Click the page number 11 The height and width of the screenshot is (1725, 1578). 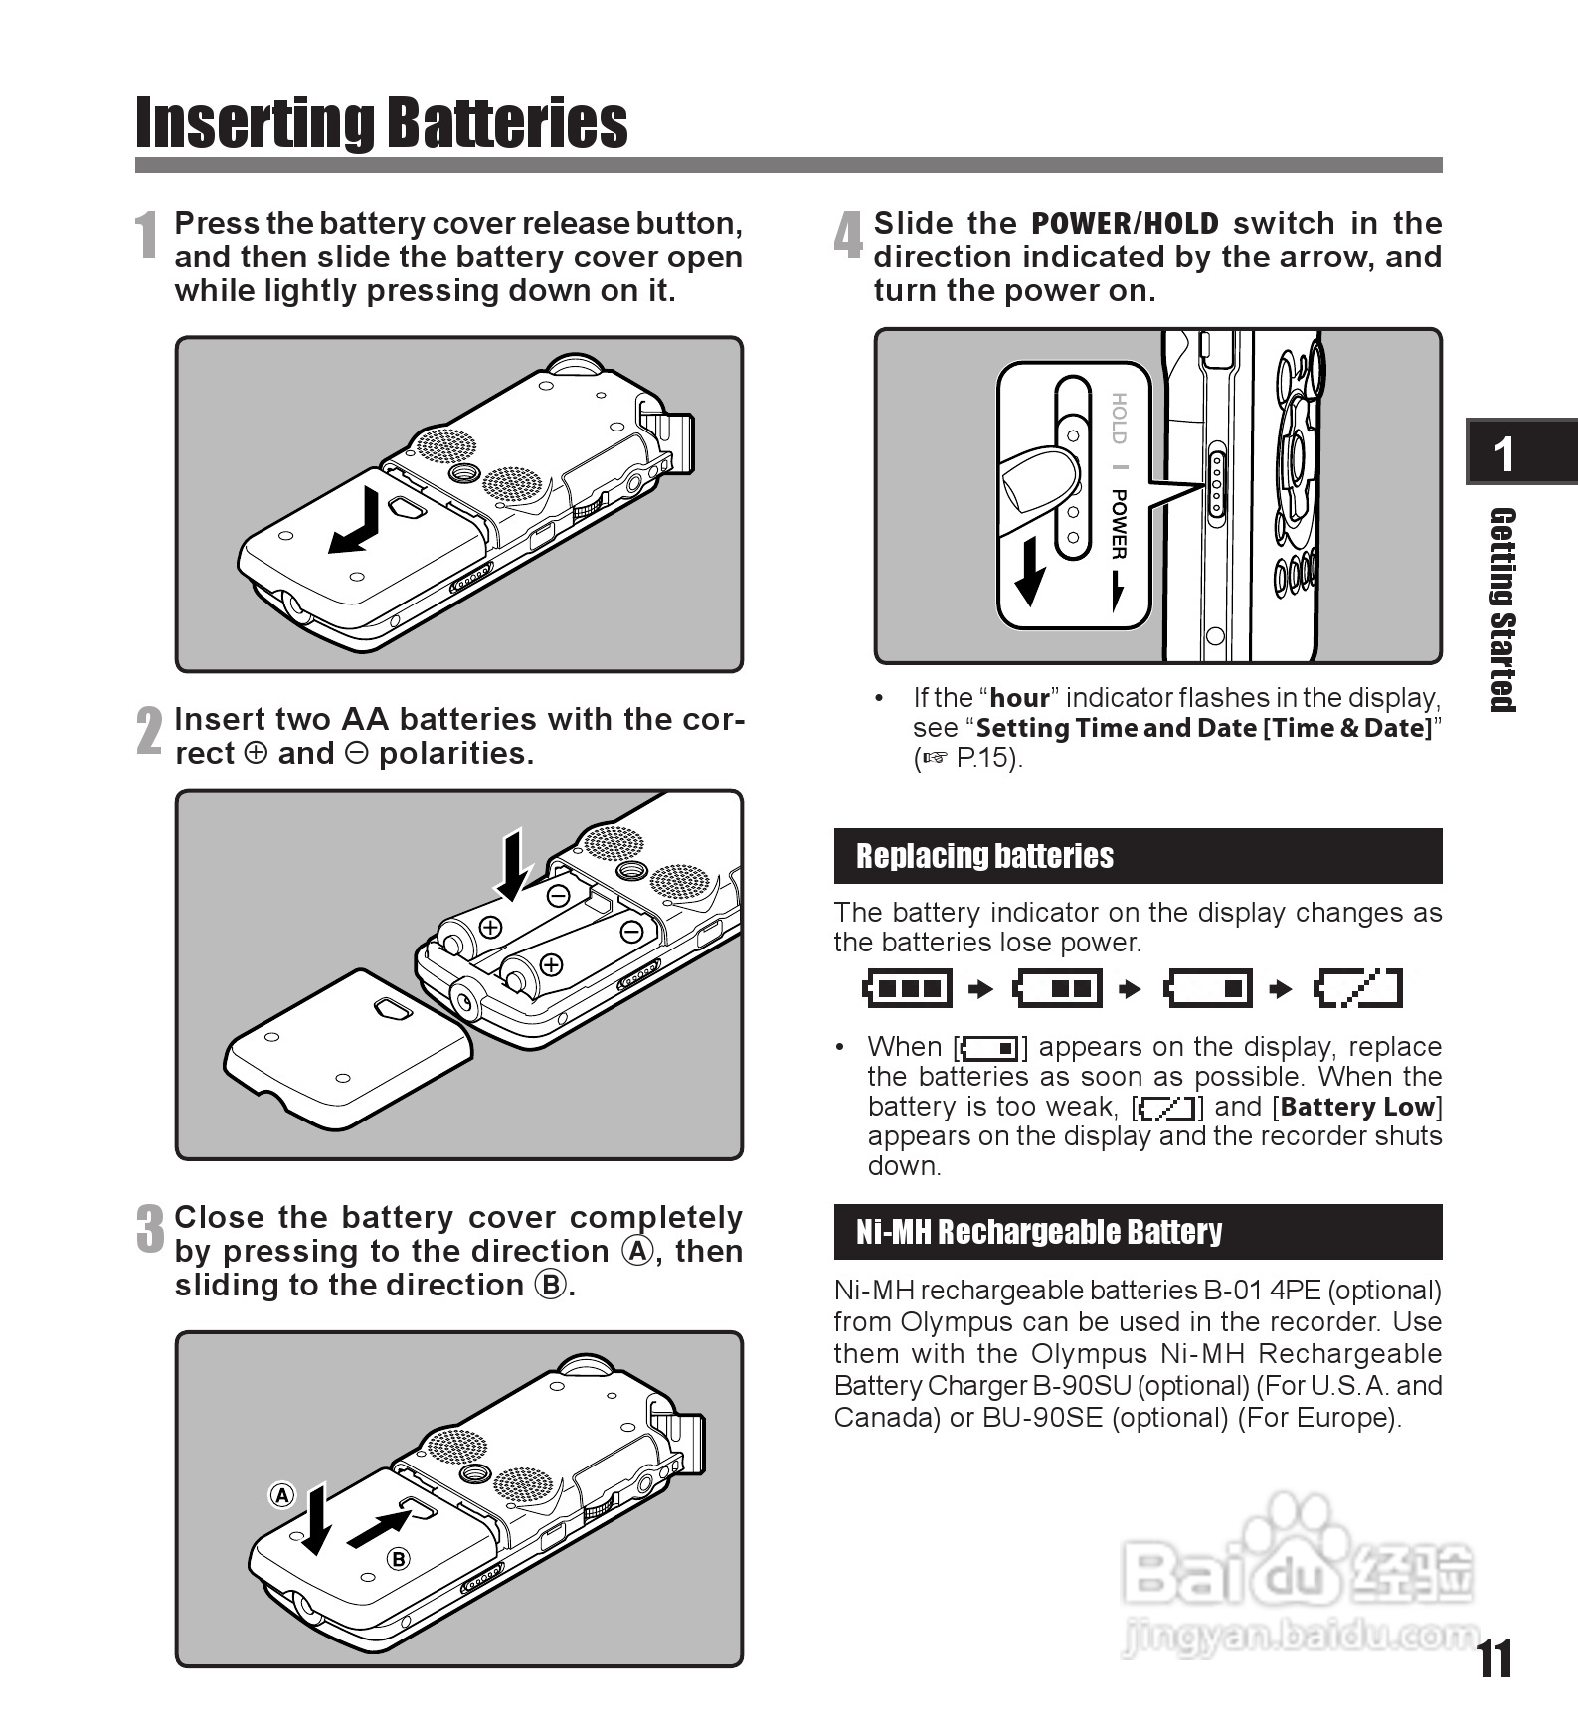coord(1494,1659)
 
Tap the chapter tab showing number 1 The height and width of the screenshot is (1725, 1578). coord(1504,453)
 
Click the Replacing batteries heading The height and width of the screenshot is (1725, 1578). coord(984,856)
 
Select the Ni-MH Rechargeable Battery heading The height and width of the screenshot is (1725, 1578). coord(1038,1232)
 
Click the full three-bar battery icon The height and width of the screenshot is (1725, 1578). coord(907,988)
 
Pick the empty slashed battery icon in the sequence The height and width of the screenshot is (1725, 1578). coord(1358,988)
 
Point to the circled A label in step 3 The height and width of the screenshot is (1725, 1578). coord(282,1495)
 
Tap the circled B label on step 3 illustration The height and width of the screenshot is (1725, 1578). coord(399,1559)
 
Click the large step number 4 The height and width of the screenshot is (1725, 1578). coord(848,237)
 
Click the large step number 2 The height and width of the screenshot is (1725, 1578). coord(149,732)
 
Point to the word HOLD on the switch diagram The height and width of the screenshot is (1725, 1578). coord(1119,419)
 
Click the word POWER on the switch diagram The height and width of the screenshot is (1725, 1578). coord(1119,524)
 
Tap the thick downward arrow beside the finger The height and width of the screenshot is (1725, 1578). coord(1030,571)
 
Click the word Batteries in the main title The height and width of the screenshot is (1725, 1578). coord(506,123)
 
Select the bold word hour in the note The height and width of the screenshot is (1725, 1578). coord(1019,698)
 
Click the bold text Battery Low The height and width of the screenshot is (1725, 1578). coord(1358,1107)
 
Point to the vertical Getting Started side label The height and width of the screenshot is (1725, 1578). coord(1502,609)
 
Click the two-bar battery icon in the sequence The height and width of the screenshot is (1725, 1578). coord(1058,988)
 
